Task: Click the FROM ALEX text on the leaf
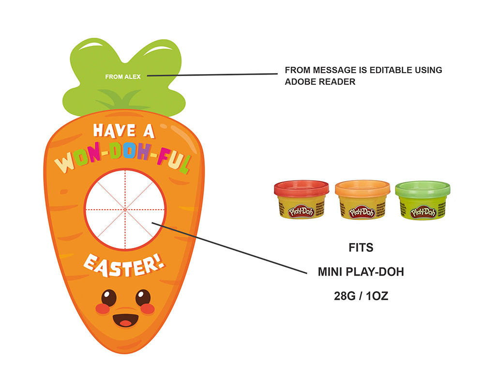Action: pyautogui.click(x=123, y=77)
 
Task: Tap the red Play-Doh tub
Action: pyautogui.click(x=302, y=201)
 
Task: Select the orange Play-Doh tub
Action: pyautogui.click(x=362, y=201)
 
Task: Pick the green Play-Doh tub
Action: pyautogui.click(x=423, y=201)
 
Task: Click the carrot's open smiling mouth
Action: pyautogui.click(x=125, y=320)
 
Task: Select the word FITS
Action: pyautogui.click(x=361, y=248)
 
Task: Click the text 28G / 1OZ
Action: pyautogui.click(x=361, y=296)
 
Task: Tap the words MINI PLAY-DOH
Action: pyautogui.click(x=361, y=272)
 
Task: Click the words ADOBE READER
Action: pyautogui.click(x=320, y=82)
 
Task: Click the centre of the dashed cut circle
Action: pyautogui.click(x=125, y=209)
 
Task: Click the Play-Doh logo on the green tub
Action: pyautogui.click(x=423, y=212)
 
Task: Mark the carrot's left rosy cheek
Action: pyautogui.click(x=101, y=308)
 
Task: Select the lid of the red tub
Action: pyautogui.click(x=302, y=188)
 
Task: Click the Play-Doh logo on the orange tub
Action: pyautogui.click(x=362, y=212)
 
